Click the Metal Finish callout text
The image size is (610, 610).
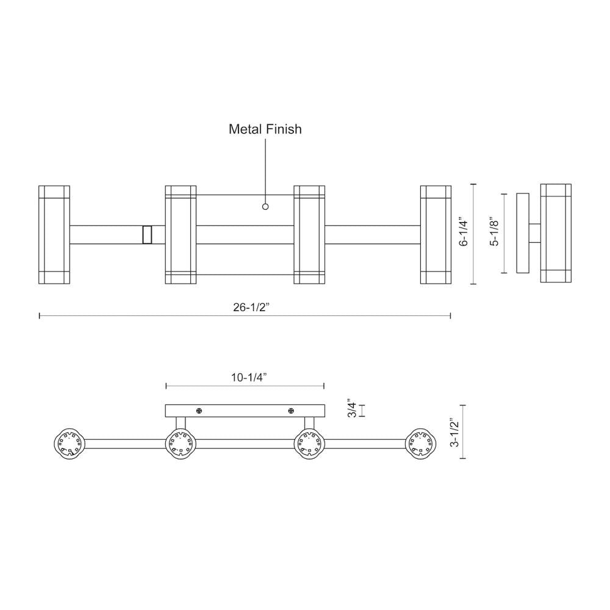pos(265,129)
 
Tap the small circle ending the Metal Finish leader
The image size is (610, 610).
pos(265,207)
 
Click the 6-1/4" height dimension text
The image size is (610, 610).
pos(464,234)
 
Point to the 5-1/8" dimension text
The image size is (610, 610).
pos(495,234)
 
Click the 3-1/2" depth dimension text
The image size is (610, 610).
pos(454,432)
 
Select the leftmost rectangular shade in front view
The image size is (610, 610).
pos(54,235)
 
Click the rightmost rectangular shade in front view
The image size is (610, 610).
pos(436,235)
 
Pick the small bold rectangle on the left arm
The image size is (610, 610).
pos(146,235)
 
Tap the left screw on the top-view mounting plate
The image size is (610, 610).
pos(199,411)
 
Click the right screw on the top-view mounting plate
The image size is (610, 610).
pos(292,411)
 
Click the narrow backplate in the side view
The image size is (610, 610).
pos(523,234)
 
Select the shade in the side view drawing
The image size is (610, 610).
pos(556,234)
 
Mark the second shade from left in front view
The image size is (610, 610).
pos(181,235)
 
